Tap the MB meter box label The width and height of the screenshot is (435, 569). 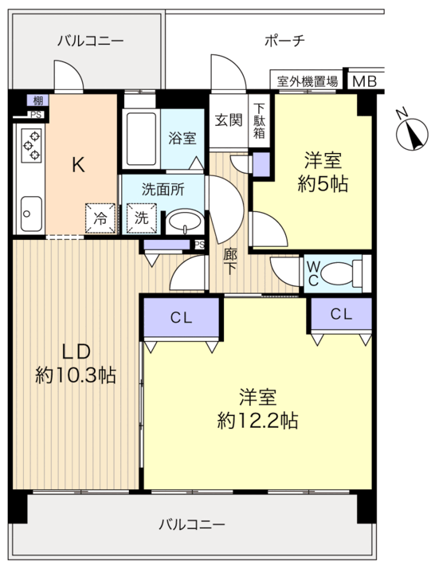(x=364, y=81)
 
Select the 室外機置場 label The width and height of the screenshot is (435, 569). (x=307, y=81)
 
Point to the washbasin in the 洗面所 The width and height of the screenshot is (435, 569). (x=185, y=221)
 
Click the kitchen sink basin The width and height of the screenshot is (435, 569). (x=31, y=214)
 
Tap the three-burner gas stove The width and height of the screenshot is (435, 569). (x=31, y=145)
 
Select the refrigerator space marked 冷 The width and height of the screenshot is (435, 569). (x=100, y=218)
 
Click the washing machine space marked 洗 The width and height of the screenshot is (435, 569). (x=142, y=218)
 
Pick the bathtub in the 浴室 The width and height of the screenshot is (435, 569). (x=141, y=139)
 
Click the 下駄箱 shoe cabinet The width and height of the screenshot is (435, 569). (x=259, y=121)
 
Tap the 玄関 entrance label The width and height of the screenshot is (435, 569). (x=229, y=120)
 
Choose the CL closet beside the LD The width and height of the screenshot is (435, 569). (x=182, y=318)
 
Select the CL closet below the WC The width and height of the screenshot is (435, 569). (x=342, y=314)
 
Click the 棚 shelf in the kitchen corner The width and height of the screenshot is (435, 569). (x=37, y=100)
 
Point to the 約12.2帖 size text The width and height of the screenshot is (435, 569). (x=257, y=421)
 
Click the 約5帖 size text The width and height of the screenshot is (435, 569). (x=323, y=183)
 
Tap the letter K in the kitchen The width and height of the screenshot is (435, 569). (x=78, y=165)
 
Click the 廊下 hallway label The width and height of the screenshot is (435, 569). (x=229, y=261)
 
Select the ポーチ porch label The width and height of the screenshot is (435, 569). (x=284, y=41)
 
